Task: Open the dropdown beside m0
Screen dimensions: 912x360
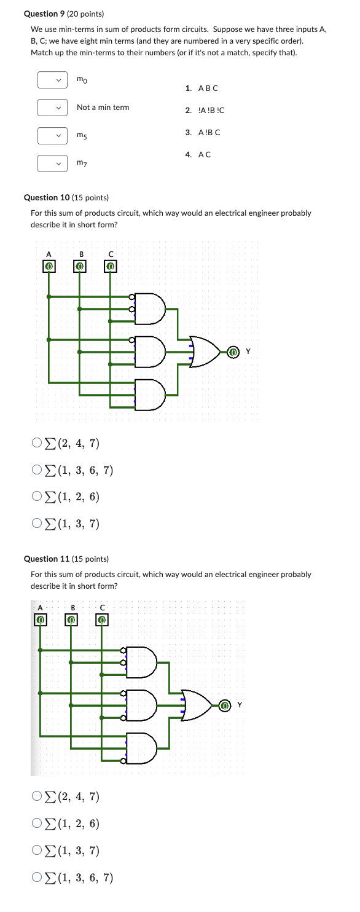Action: pos(52,81)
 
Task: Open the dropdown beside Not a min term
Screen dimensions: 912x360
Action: pos(52,108)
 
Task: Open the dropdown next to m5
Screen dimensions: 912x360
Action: pos(52,135)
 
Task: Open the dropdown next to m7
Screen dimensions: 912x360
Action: pos(52,163)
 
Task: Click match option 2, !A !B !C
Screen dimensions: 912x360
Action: pos(205,110)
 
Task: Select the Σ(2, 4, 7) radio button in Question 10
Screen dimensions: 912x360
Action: pos(37,442)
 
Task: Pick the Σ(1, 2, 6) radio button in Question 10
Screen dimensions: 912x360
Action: pos(37,497)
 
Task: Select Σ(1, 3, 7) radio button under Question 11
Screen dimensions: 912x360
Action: pos(37,851)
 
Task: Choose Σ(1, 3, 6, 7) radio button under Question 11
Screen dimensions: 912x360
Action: pos(37,878)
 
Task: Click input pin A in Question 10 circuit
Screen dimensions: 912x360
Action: pos(49,266)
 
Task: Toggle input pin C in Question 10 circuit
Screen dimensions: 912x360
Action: pos(111,266)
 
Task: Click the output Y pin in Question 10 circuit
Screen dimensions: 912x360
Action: pos(233,352)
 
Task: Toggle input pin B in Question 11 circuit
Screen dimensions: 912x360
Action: pos(71,619)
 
